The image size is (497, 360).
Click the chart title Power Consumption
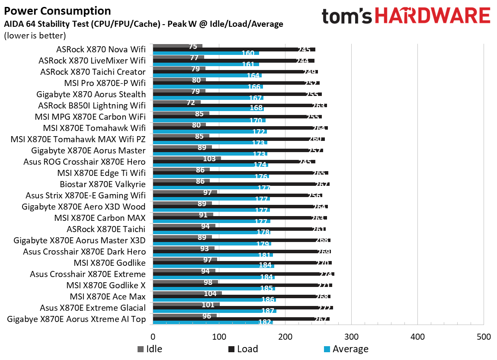pos(57,11)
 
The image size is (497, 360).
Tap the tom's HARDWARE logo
pos(406,16)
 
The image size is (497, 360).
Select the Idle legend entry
pos(150,349)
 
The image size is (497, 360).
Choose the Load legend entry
pos(242,349)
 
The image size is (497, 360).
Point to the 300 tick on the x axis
pos(351,337)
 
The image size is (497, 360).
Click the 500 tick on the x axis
pos(483,337)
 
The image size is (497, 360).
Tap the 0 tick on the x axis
pos(153,337)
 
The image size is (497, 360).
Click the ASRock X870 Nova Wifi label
pos(101,49)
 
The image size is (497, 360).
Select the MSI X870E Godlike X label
pos(106,285)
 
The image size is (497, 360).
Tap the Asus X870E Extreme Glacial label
pos(93,308)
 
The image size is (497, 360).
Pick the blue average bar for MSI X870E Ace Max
pos(214,299)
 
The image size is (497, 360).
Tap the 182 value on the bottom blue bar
pos(265,322)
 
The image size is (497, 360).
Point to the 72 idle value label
pos(191,102)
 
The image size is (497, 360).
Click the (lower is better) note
pos(35,35)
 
